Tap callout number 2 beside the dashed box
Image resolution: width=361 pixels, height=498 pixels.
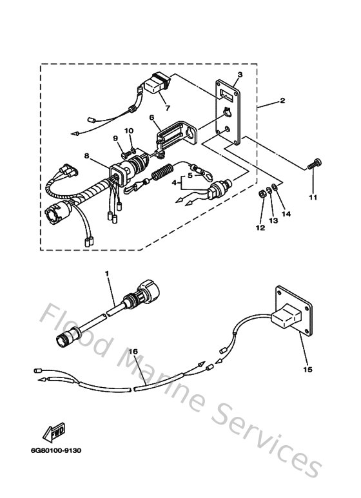click(x=282, y=102)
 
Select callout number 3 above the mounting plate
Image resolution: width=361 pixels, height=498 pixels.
click(x=239, y=75)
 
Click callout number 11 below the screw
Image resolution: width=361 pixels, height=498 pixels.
click(x=313, y=198)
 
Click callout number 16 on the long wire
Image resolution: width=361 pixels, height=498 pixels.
click(x=133, y=352)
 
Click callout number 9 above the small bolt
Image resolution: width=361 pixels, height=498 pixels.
click(x=116, y=138)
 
